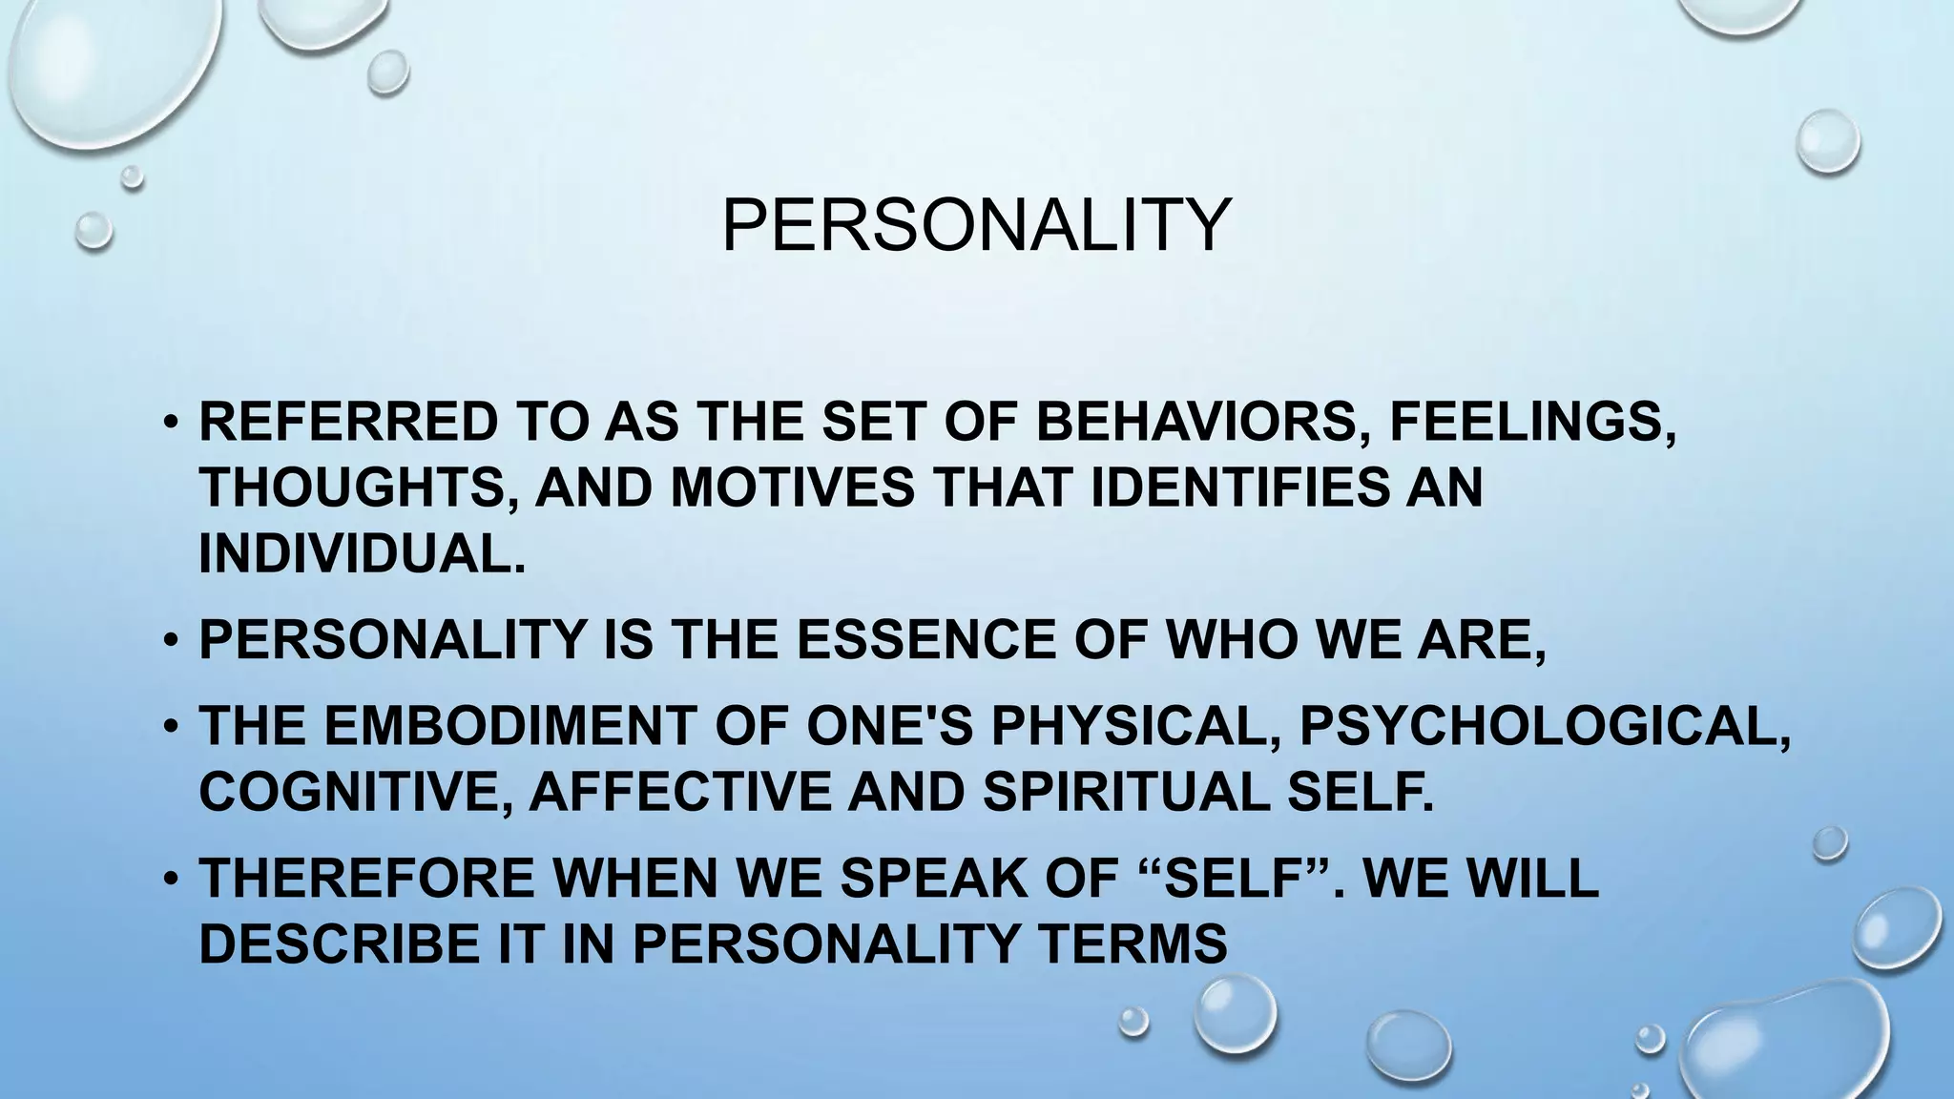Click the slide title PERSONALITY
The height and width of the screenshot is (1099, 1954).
pos(976,225)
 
